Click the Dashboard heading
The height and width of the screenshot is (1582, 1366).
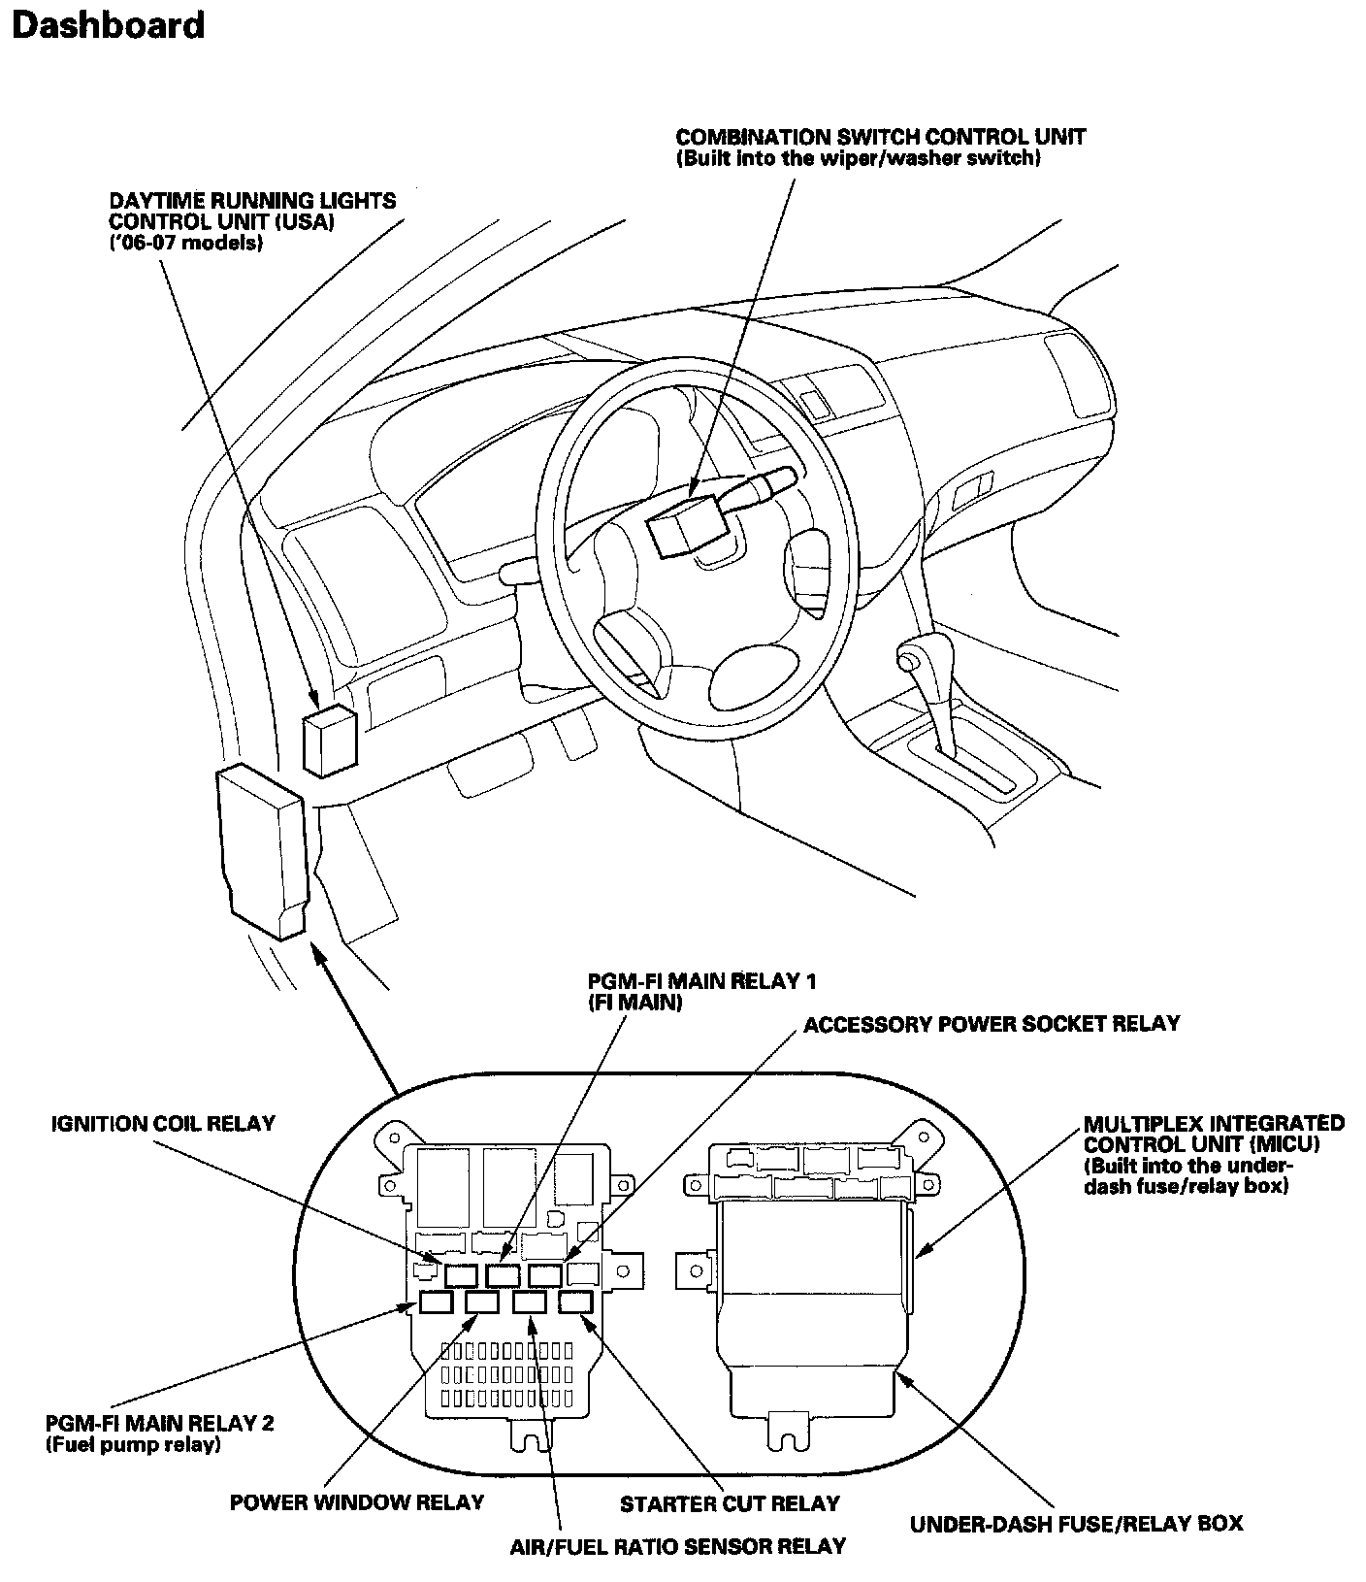108,25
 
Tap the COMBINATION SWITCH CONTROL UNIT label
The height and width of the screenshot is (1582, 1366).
880,137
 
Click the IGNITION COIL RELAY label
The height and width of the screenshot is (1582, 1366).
163,1124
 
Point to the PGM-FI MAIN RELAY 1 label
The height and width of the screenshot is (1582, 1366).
701,981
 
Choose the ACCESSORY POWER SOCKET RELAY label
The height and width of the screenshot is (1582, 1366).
992,1024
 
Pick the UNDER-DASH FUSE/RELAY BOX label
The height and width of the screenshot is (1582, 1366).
1076,1524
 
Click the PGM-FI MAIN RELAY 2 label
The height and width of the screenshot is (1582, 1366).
160,1424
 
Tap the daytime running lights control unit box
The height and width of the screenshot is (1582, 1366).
329,740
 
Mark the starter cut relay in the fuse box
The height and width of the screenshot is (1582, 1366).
575,1302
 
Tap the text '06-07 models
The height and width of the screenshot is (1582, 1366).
186,243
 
